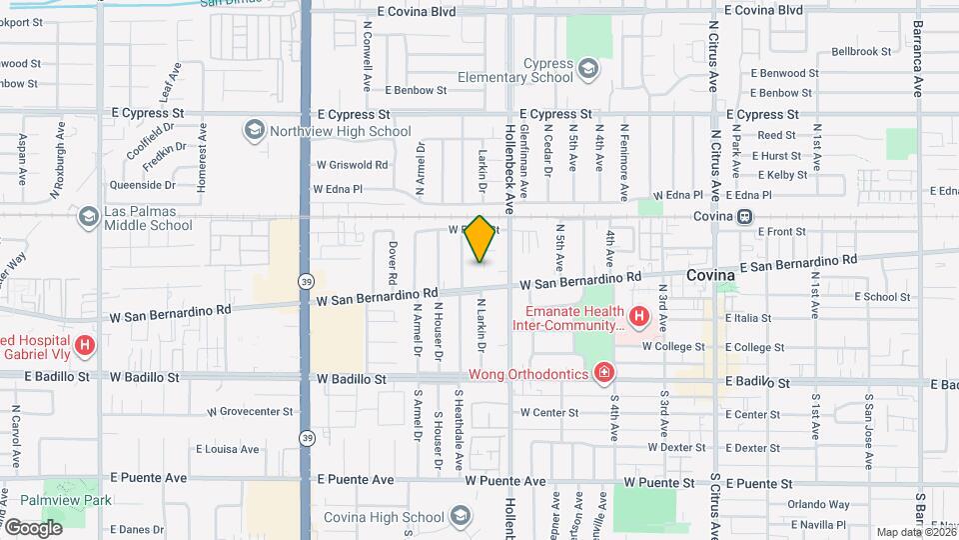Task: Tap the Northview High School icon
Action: [x=255, y=131]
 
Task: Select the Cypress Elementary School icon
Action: [x=588, y=68]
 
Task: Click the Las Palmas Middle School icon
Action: [x=89, y=216]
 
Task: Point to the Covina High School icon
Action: [x=460, y=517]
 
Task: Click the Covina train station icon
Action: [x=745, y=216]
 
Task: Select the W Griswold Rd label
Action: [x=352, y=165]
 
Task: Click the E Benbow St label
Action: [x=414, y=90]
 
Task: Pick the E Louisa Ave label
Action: [x=229, y=449]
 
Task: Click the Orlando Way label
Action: [x=817, y=505]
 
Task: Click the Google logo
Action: [x=33, y=527]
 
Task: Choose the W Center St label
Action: [x=549, y=412]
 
